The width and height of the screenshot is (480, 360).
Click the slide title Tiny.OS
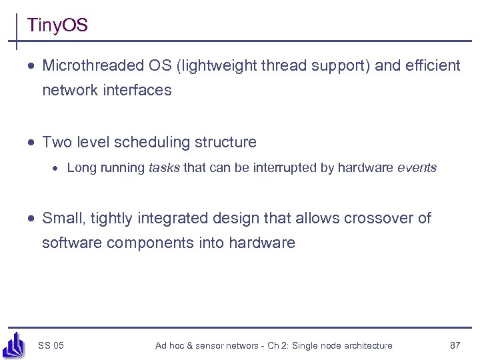click(57, 26)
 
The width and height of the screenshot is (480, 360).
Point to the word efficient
click(434, 65)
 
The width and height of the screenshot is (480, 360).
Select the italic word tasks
click(164, 168)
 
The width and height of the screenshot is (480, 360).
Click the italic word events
click(417, 168)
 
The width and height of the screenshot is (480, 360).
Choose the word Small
click(61, 218)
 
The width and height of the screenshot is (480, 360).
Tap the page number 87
click(455, 345)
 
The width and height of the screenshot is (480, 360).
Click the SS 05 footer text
click(51, 345)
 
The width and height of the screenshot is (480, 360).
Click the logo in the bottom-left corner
click(14, 345)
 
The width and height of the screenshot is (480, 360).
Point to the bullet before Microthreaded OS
click(32, 66)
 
